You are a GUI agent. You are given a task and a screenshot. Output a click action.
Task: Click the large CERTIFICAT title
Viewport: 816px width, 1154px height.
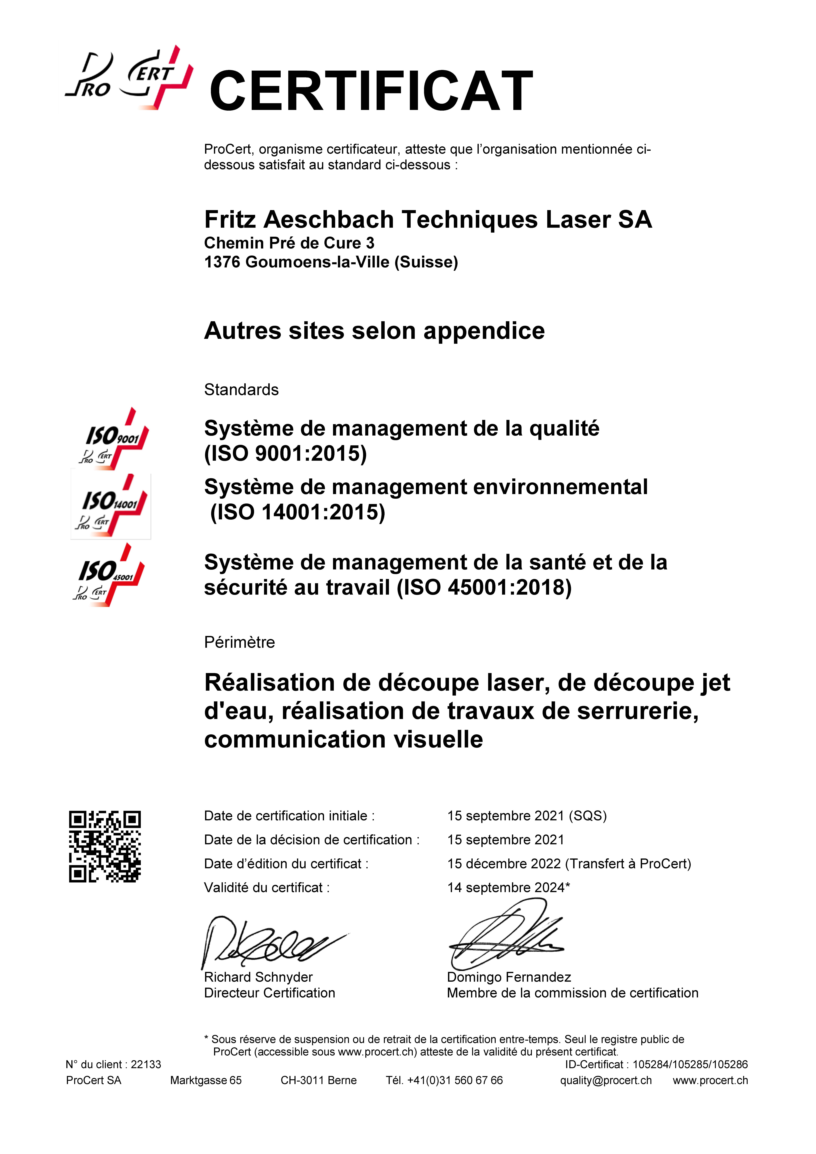[x=371, y=91]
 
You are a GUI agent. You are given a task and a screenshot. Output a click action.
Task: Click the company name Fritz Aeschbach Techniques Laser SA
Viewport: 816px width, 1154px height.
[x=428, y=220]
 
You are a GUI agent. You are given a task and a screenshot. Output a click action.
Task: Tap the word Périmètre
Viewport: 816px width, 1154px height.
[x=239, y=642]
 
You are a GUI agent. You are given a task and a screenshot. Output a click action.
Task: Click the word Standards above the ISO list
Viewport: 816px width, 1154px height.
[x=241, y=390]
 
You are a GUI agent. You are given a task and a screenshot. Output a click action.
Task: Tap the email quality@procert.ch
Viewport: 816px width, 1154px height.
[x=606, y=1080]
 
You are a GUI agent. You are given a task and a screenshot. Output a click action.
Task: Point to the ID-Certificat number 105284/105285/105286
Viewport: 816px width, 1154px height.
[x=690, y=1064]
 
